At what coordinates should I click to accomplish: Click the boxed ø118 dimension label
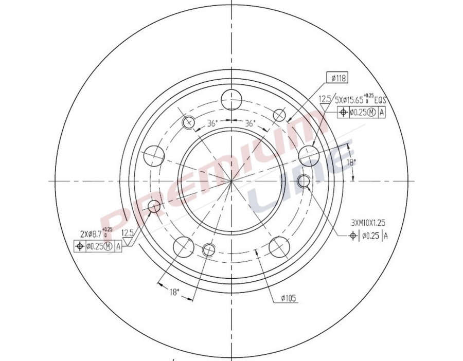coord(337,78)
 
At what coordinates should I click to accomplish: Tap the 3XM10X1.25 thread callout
coord(368,223)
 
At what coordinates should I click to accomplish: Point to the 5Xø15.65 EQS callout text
coord(360,99)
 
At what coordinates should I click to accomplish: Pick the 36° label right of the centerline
coord(250,123)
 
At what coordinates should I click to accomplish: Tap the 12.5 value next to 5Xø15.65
coord(325,99)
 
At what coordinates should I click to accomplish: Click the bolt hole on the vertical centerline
coord(232,99)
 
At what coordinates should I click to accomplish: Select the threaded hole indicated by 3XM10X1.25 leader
coord(304,181)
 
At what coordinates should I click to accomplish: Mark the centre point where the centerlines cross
coord(232,181)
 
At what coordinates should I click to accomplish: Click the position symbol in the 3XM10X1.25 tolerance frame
coord(353,236)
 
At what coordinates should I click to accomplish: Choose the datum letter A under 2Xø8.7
coord(119,246)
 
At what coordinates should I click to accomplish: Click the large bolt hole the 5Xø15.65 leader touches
coord(308,154)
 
